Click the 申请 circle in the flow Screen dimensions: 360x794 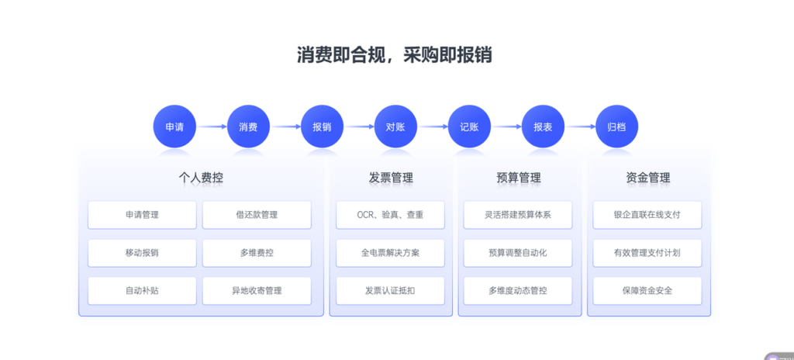(x=174, y=126)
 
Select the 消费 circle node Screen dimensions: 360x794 (x=248, y=126)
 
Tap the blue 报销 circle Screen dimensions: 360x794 (x=322, y=126)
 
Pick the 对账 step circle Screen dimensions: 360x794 (x=395, y=126)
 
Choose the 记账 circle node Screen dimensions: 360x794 (x=469, y=126)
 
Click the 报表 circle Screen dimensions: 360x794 (x=543, y=126)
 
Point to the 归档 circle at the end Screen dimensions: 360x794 (x=616, y=126)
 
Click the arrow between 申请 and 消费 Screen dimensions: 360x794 (x=211, y=126)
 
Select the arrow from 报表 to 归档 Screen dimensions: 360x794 (x=579, y=126)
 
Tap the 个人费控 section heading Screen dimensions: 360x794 (x=201, y=178)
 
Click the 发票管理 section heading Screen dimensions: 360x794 (x=391, y=178)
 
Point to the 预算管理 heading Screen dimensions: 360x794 (x=519, y=178)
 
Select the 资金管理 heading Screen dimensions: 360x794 (x=647, y=178)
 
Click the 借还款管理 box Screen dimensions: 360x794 (x=257, y=215)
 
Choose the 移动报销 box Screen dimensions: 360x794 (x=142, y=253)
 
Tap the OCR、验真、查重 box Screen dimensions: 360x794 (x=390, y=215)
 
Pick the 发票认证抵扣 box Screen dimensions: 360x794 (x=390, y=291)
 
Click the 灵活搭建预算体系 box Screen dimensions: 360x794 (x=518, y=215)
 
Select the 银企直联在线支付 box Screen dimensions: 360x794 (x=647, y=215)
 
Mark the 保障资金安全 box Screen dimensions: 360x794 (x=647, y=291)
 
